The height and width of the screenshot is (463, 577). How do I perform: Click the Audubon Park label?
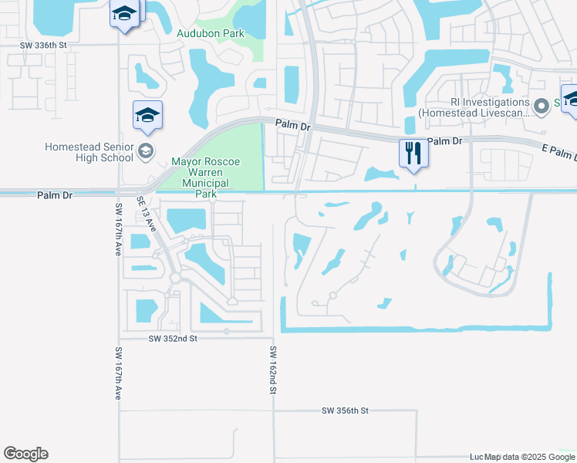[211, 33]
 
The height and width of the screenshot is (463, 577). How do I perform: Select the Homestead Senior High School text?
[89, 152]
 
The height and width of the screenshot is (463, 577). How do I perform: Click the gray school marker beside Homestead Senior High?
[147, 152]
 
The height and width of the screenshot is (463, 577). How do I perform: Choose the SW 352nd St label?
[174, 338]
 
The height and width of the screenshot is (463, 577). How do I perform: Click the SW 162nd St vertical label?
[272, 370]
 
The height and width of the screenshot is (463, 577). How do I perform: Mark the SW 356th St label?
[346, 411]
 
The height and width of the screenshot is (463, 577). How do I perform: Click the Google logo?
[25, 454]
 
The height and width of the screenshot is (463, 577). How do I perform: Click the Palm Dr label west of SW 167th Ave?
[55, 196]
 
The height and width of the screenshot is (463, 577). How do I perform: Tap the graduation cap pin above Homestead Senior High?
[147, 116]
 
